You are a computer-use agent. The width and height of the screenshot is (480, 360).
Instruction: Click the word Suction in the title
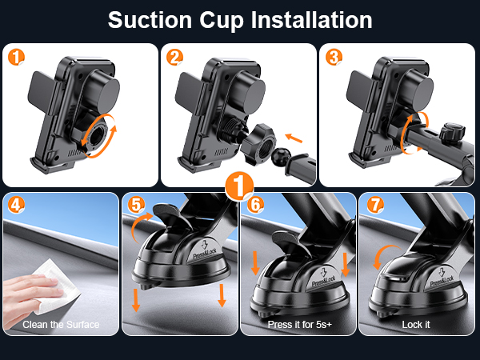pyautogui.click(x=150, y=20)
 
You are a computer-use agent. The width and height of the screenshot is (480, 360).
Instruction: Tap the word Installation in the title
pyautogui.click(x=312, y=20)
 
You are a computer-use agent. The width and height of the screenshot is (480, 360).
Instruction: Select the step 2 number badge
pyautogui.click(x=174, y=58)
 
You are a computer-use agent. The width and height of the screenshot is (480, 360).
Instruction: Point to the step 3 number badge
pyautogui.click(x=334, y=58)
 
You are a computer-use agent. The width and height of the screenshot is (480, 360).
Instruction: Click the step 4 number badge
pyautogui.click(x=16, y=205)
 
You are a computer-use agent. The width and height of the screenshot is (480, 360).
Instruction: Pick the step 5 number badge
pyautogui.click(x=136, y=205)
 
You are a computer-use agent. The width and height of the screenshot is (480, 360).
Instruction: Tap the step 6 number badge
pyautogui.click(x=255, y=205)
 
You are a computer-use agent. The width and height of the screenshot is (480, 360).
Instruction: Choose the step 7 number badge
pyautogui.click(x=375, y=205)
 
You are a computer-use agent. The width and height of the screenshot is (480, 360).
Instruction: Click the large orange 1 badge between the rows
pyautogui.click(x=239, y=186)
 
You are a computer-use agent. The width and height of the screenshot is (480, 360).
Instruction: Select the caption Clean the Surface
pyautogui.click(x=61, y=325)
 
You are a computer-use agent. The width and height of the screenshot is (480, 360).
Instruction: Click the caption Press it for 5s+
pyautogui.click(x=300, y=325)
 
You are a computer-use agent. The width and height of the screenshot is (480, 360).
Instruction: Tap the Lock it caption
pyautogui.click(x=416, y=325)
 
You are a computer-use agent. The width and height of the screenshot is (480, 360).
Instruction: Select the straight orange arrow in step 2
pyautogui.click(x=294, y=138)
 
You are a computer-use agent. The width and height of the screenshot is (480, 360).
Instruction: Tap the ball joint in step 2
pyautogui.click(x=281, y=157)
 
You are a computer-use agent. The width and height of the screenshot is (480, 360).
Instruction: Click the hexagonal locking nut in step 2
pyautogui.click(x=258, y=143)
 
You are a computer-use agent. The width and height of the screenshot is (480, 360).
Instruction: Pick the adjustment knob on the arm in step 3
pyautogui.click(x=452, y=133)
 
